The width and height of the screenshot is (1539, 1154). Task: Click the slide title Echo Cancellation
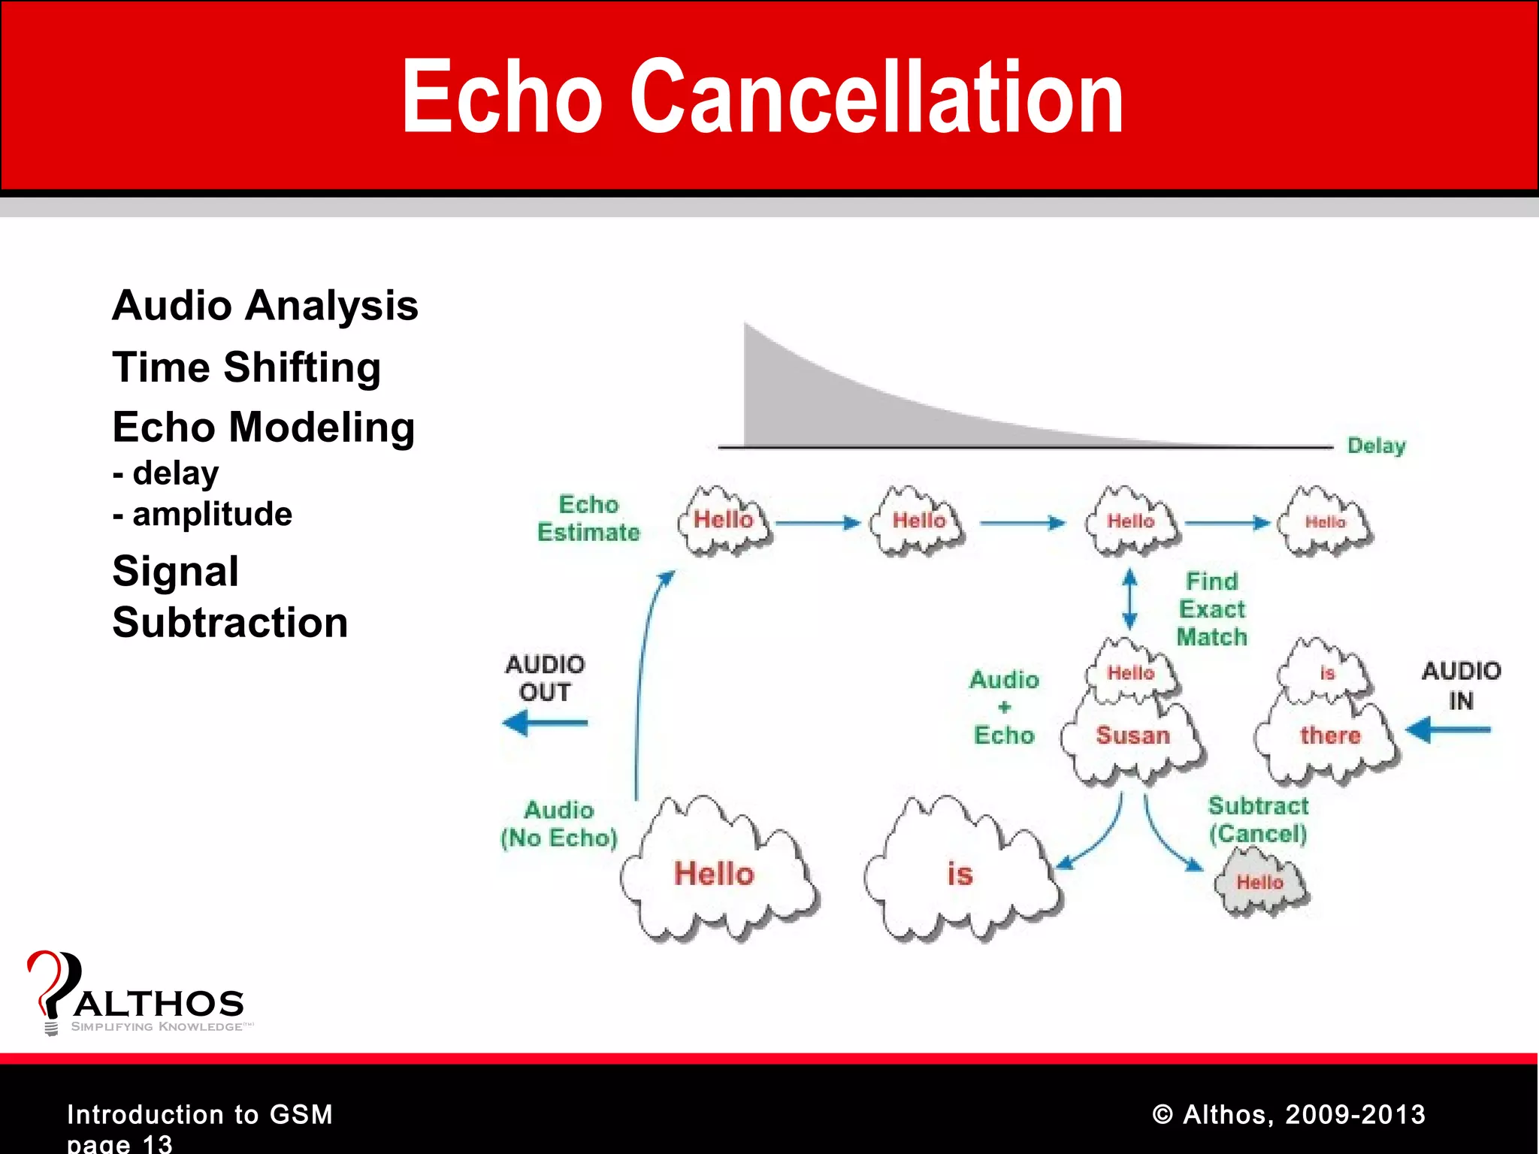tap(762, 98)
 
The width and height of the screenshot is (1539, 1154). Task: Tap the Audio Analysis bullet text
tap(265, 306)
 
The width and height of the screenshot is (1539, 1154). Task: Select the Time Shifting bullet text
tap(246, 367)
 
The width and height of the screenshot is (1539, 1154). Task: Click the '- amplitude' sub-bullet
tap(203, 515)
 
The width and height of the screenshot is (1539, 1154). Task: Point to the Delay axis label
tap(1376, 446)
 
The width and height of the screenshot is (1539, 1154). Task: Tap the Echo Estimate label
tap(588, 518)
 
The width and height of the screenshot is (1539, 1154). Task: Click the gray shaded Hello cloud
tap(1260, 882)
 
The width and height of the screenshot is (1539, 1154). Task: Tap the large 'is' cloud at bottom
tap(960, 874)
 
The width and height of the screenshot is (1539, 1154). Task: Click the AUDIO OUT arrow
tap(545, 724)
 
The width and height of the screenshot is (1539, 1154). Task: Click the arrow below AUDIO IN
tap(1448, 730)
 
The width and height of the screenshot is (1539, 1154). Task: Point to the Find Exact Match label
tap(1211, 609)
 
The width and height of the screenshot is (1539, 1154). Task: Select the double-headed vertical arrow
tap(1129, 599)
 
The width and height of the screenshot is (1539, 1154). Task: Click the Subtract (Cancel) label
tap(1258, 820)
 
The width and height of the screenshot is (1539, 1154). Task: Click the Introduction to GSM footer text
tap(200, 1114)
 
